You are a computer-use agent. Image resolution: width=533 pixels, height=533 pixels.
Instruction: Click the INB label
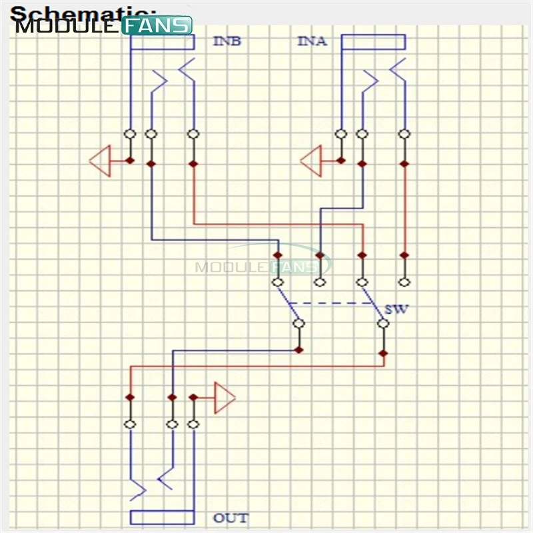pos(227,41)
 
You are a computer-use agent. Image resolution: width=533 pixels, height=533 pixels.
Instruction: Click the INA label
pos(312,41)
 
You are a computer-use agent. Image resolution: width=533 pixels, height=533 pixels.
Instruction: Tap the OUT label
pos(231,518)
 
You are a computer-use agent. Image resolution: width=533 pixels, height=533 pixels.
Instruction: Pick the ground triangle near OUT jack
pos(225,398)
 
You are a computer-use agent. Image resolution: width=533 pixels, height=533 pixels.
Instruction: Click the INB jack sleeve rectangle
pos(162,42)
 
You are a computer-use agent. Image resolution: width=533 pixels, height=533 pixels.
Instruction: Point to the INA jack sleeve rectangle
pos(372,42)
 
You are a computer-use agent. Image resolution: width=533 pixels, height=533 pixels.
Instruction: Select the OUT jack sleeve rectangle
pos(162,518)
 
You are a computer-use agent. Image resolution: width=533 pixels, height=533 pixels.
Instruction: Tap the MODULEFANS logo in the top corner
pos(104,25)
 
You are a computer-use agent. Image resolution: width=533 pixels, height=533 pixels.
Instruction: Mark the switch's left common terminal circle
pos(299,324)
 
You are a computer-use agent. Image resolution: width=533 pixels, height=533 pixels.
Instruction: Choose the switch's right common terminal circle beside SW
pos(383,324)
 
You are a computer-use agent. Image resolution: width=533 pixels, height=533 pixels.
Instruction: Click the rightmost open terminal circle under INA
pos(403,134)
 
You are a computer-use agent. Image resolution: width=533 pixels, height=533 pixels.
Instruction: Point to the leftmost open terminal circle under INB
pos(130,134)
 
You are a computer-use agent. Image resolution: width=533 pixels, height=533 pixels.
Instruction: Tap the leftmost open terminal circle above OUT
pos(130,424)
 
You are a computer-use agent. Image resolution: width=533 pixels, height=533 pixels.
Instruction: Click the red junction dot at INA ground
pos(341,161)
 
